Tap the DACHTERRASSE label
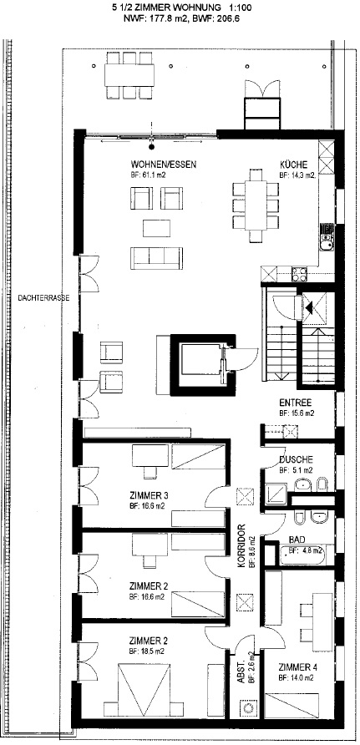coord(43,298)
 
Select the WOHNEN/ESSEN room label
coord(164,165)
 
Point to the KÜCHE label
coord(293,165)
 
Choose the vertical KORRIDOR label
coord(241,545)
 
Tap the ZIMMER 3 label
coord(148,496)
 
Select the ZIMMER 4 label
coord(298,666)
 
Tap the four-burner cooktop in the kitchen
coord(299,273)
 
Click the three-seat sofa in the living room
coord(157,258)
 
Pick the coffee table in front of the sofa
coord(157,227)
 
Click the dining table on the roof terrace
coord(129,75)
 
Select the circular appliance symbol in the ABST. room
coord(249,708)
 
